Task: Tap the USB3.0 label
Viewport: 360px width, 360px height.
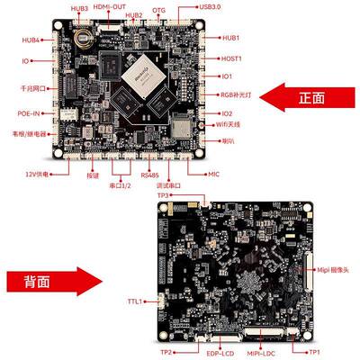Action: coord(209,7)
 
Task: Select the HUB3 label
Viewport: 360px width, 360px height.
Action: coord(79,8)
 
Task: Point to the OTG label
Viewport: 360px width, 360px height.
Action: coord(159,9)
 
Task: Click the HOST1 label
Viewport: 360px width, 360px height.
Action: coord(232,58)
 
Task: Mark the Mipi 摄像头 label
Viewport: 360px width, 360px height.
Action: coord(337,268)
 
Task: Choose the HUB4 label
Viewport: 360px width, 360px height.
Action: coord(31,40)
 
